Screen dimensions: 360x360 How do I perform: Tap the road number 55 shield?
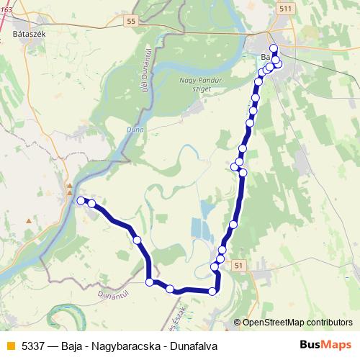[x=130, y=22]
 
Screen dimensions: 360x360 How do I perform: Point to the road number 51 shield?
[x=239, y=266]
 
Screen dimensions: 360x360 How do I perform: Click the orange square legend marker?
[x=11, y=346]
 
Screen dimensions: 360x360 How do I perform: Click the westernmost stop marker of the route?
[x=81, y=201]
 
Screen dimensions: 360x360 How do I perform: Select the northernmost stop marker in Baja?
[x=274, y=48]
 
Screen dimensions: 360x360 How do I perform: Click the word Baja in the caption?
[x=73, y=346]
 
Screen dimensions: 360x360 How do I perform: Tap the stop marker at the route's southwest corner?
[x=150, y=282]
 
